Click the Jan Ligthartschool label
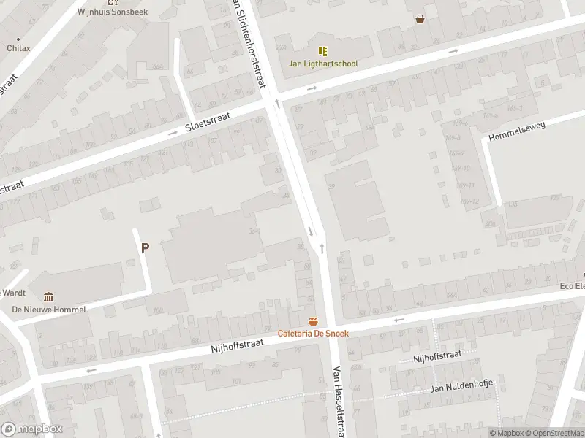click(322, 64)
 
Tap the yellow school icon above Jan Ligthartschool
click(322, 51)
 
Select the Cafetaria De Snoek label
click(313, 334)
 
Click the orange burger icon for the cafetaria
click(313, 322)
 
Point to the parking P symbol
click(145, 247)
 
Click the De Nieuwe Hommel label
click(49, 309)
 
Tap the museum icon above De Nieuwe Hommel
click(49, 296)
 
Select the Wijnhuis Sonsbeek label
click(113, 12)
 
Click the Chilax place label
click(19, 48)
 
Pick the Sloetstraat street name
click(208, 121)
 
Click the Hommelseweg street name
click(516, 131)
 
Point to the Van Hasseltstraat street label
click(339, 401)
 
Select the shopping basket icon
click(420, 19)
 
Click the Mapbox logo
click(32, 429)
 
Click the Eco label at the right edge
click(572, 285)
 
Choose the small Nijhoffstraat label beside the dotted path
click(437, 356)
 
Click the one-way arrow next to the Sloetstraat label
click(173, 133)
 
